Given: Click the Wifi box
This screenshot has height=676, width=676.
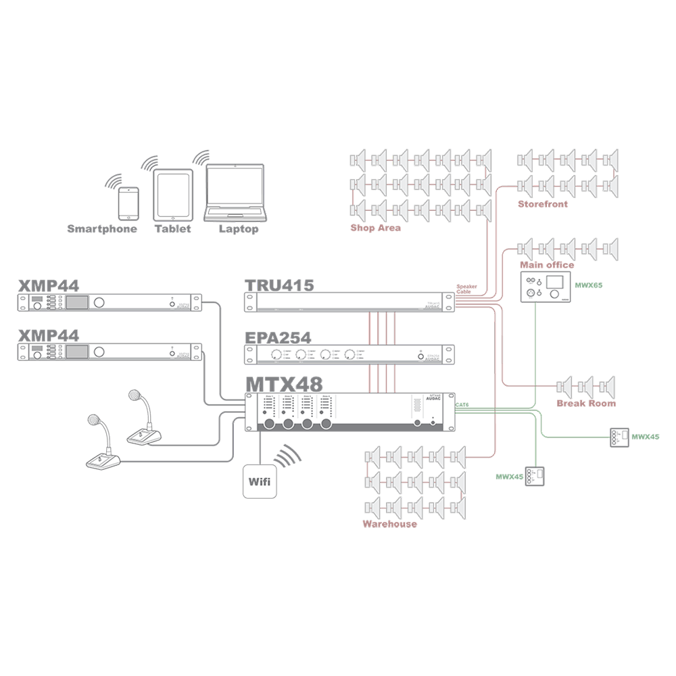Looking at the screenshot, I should point(260,482).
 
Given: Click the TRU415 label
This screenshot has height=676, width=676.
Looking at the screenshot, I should point(281,285).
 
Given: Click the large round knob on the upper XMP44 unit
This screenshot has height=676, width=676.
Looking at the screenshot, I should point(100,302).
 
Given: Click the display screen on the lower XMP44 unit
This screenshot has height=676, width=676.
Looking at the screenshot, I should point(78,352).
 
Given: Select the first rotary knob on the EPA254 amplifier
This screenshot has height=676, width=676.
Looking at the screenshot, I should point(276,356).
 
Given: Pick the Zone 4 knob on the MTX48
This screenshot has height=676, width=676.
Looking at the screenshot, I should point(327,423).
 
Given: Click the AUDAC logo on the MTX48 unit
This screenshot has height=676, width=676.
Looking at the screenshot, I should point(433,400).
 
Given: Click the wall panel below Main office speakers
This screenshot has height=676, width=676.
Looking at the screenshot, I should point(546,287).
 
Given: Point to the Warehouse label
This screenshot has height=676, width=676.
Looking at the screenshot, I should point(391,523).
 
